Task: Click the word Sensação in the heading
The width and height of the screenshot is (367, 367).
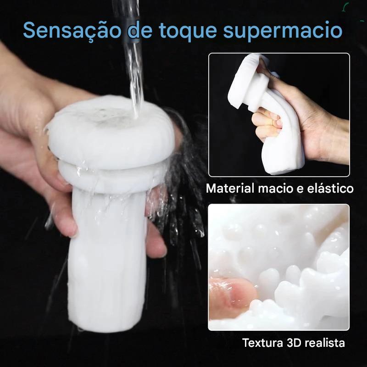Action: tap(72, 30)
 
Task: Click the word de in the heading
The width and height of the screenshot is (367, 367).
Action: tap(140, 30)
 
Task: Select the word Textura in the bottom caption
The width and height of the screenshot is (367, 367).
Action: tap(262, 343)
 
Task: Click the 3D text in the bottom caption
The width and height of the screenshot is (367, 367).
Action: tap(294, 343)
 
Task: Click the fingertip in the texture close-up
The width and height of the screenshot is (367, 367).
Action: tap(232, 295)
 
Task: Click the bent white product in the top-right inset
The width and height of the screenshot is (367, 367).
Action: tap(267, 112)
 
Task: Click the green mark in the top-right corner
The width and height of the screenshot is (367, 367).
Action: tap(345, 7)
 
